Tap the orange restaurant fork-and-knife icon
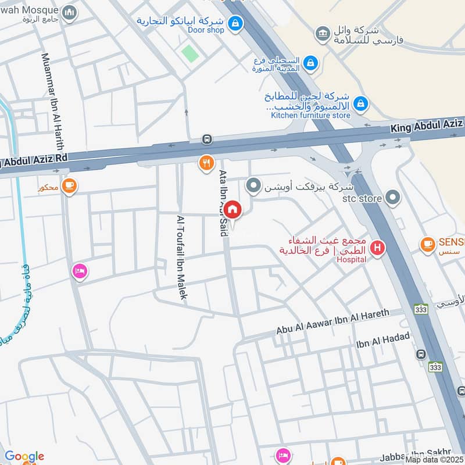(x=206, y=163)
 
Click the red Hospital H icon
(x=377, y=248)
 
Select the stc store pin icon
(x=393, y=198)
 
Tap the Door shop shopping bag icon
(x=235, y=23)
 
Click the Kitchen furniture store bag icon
(x=361, y=104)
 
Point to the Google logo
(x=24, y=456)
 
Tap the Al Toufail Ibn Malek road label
(x=181, y=257)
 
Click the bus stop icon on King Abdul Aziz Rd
(x=206, y=139)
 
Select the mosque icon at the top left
(x=70, y=12)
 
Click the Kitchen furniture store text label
(x=310, y=115)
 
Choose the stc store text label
(x=362, y=199)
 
